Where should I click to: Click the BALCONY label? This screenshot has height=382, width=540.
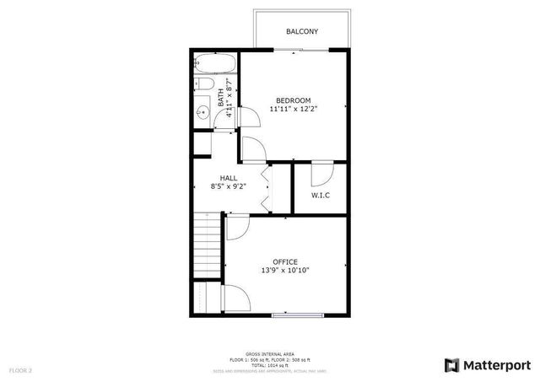pos(301,31)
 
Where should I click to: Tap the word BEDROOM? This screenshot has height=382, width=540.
pos(294,100)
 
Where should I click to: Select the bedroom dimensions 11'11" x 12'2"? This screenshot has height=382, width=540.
pos(294,109)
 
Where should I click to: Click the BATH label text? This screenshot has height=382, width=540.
pos(220,95)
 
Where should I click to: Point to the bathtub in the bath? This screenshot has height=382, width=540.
pos(215,63)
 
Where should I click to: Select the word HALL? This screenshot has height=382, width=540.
pos(228,178)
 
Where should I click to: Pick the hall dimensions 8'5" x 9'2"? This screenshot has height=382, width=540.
pos(228,186)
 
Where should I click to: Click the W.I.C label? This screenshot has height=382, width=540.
pos(320,196)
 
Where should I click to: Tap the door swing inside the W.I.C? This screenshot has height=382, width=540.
pos(321,173)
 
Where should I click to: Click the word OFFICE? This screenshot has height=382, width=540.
pos(284,261)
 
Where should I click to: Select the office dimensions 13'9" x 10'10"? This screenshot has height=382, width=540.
pos(284,271)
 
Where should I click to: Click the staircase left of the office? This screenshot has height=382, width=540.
pos(207,245)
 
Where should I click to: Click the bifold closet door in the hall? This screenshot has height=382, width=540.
pos(266,190)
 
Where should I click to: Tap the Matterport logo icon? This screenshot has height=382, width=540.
pos(452,365)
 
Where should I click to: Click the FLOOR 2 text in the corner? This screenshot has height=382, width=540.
pos(20,370)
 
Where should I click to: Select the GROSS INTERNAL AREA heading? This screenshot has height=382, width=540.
pos(269,354)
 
